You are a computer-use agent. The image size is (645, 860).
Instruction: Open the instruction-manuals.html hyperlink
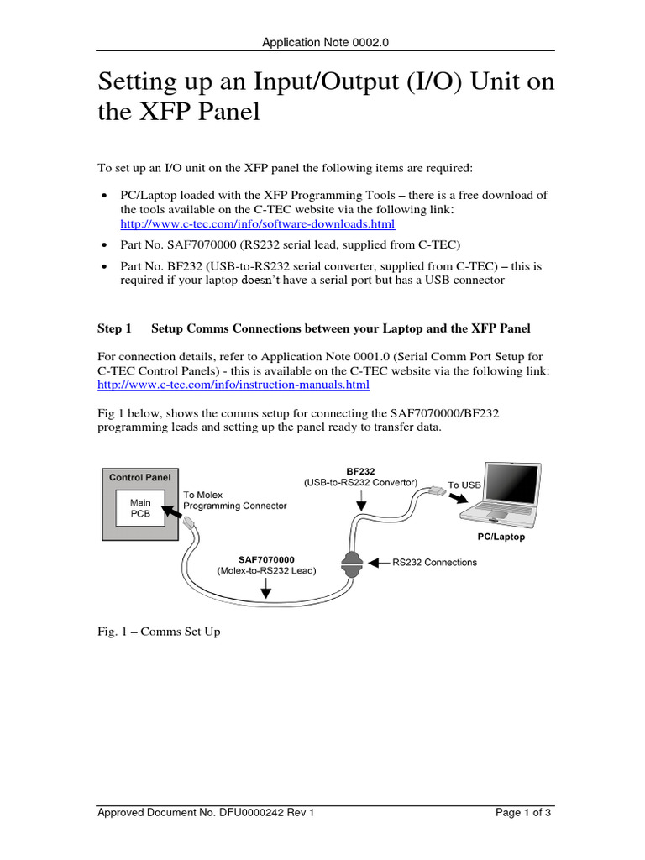(233, 385)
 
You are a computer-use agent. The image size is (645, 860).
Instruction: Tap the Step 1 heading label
(115, 328)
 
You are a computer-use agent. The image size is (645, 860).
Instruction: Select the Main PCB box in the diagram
(140, 508)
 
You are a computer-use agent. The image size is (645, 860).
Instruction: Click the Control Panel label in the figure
(140, 477)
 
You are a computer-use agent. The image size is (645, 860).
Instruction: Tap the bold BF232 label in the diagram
(360, 471)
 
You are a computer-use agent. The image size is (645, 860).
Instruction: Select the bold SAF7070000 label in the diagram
(267, 558)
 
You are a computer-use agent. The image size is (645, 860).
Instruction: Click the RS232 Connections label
(434, 562)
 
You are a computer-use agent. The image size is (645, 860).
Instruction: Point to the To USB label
(464, 485)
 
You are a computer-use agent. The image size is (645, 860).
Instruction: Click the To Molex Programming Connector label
(234, 501)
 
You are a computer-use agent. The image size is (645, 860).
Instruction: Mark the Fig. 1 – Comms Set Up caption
(160, 632)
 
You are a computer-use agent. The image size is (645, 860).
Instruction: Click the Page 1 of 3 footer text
(523, 812)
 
